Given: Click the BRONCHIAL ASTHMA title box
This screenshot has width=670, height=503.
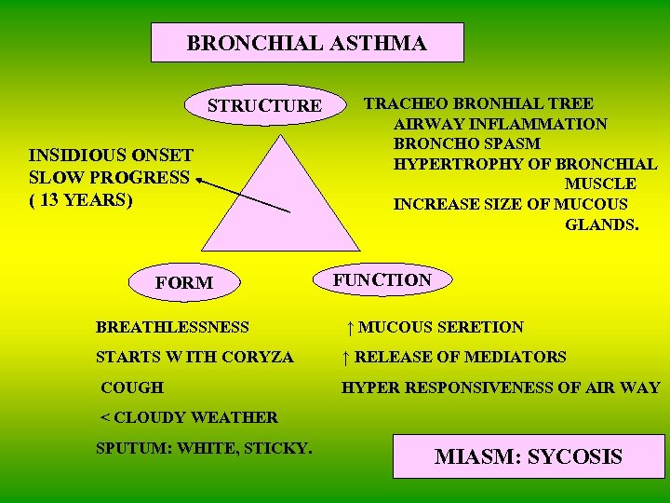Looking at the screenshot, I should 307,43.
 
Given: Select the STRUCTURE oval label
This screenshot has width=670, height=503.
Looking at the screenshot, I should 264,105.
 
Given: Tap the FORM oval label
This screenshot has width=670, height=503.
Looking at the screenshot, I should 184,282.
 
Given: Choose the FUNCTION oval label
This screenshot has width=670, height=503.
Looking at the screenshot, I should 382,279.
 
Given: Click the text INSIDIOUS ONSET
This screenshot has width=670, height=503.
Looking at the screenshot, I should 111,156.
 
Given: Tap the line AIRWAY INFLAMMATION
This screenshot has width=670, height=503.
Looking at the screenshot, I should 501,124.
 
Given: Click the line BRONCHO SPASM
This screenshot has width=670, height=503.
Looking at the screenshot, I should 467,143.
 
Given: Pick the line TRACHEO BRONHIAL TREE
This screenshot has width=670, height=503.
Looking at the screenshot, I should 478,103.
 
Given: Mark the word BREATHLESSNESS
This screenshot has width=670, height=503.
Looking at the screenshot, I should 173,327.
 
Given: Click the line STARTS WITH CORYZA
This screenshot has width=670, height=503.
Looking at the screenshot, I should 194,357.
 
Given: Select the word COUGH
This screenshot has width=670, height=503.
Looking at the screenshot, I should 131,387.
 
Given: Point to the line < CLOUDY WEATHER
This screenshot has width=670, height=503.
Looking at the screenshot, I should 189,417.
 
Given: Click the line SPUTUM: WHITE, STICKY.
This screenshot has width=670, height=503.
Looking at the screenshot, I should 204,448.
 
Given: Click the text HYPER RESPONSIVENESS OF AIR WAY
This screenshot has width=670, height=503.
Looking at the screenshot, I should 501,387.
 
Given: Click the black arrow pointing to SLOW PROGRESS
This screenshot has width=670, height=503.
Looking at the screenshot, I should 242,197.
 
